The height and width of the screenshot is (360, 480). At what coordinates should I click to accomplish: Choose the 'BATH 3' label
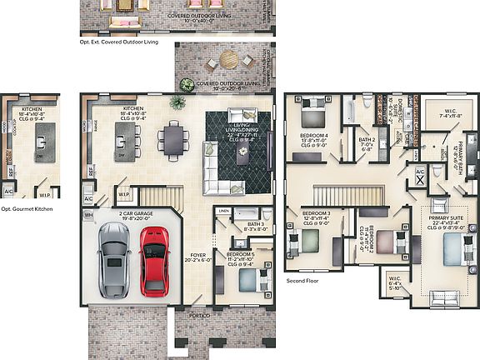click(256, 224)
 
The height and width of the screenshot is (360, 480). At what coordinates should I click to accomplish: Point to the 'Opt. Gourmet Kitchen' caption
click(27, 209)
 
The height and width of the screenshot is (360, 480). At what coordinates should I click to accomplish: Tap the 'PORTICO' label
click(197, 316)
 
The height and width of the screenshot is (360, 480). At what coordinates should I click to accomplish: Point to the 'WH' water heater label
click(87, 215)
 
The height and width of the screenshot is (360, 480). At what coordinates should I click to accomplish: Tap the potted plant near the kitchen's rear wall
click(177, 102)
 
